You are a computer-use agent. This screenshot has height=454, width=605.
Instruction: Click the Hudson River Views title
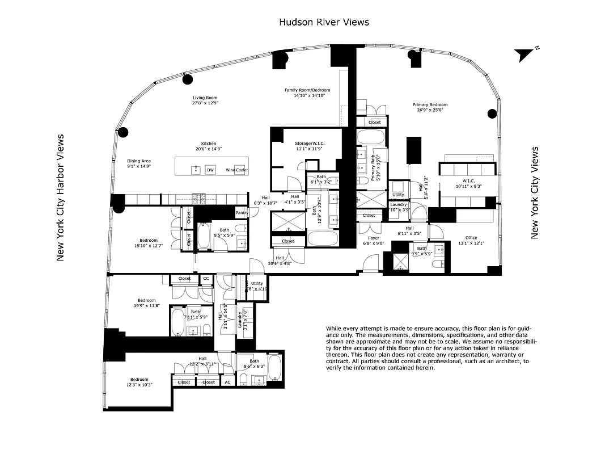324,22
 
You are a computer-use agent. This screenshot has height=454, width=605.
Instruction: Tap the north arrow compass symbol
525,54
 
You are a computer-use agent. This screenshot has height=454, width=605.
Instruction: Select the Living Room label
204,100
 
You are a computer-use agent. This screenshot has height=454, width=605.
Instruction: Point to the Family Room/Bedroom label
307,93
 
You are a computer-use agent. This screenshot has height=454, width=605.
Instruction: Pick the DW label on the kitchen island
210,170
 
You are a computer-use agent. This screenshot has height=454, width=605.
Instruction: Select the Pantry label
242,212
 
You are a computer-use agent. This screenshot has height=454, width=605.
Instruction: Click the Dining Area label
139,164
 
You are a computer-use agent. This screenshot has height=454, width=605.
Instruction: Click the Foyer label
373,241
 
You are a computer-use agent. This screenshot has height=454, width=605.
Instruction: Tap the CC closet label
206,279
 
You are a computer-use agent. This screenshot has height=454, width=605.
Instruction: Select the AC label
227,382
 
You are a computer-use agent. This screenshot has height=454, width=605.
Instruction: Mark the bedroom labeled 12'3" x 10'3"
139,382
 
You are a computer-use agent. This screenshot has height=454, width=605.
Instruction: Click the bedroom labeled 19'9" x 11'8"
146,303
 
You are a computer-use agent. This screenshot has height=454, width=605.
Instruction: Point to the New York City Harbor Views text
61,197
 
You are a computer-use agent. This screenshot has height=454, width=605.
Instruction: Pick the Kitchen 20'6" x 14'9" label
208,146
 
